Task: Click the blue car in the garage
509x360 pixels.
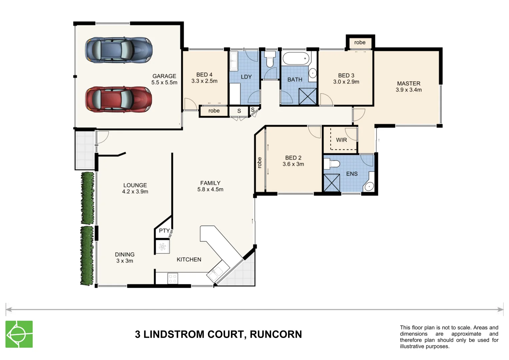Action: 119,50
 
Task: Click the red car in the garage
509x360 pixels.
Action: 119,99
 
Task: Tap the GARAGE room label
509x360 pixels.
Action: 164,76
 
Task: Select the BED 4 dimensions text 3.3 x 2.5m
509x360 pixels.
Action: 204,81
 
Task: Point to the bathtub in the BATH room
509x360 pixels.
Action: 296,59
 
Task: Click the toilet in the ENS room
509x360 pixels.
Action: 332,164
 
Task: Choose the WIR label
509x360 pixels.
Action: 341,140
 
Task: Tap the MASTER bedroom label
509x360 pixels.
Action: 408,83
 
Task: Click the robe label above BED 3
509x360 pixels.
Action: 360,42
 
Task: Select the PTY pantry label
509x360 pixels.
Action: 164,231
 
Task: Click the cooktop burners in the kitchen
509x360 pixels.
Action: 172,279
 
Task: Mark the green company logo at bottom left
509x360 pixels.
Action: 19,334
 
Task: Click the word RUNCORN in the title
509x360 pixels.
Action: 276,334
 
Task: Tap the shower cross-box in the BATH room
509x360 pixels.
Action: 307,97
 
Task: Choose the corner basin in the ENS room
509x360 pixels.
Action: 369,187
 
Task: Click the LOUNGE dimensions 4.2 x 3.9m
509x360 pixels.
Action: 135,192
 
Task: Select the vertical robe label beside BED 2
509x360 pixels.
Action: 259,162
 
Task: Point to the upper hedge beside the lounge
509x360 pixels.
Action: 88,198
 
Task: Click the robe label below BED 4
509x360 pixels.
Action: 214,111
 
